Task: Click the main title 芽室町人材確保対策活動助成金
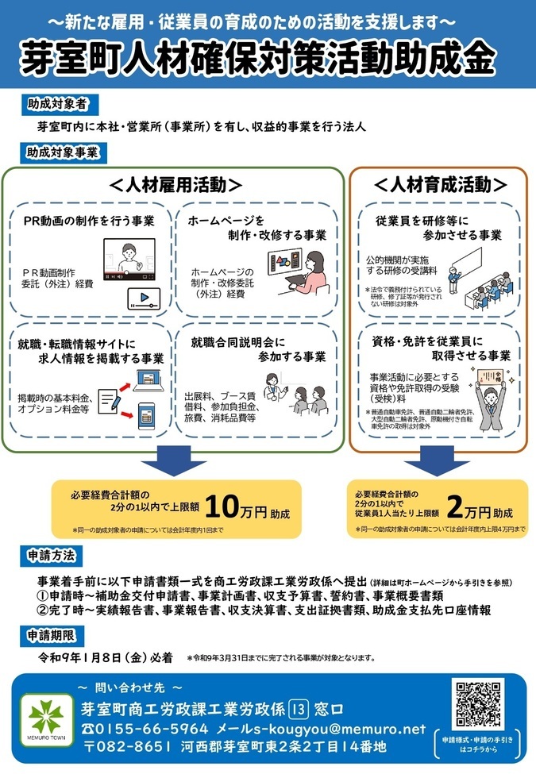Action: point(268,56)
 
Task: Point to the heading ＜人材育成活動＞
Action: point(440,185)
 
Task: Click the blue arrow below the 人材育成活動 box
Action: point(438,460)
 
